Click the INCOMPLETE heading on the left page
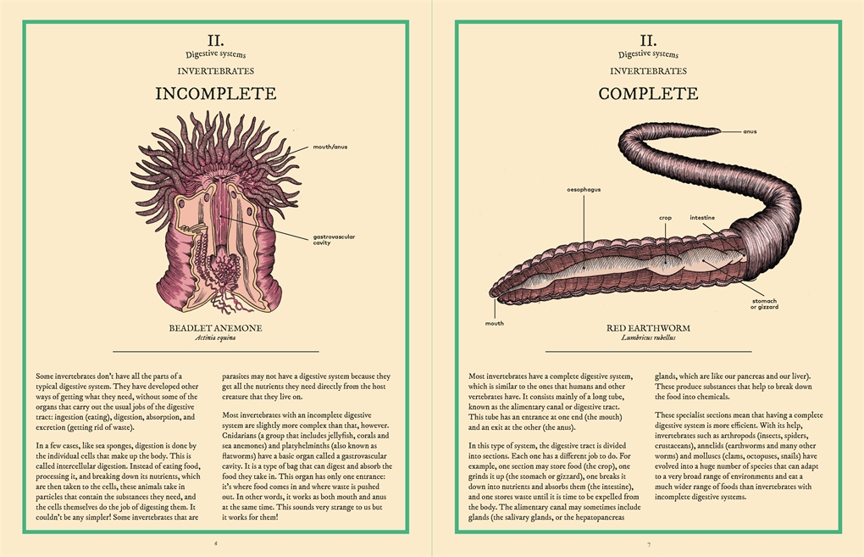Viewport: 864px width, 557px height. point(215,93)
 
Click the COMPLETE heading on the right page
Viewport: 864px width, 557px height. point(648,93)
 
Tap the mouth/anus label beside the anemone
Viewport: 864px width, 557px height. point(330,148)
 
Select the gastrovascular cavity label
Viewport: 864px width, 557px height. point(334,239)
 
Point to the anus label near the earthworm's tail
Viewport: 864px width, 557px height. point(750,131)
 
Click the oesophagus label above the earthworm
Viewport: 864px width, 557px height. point(584,190)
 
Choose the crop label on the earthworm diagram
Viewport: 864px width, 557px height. point(665,218)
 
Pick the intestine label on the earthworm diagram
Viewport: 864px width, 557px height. point(702,218)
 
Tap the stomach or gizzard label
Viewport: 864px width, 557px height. point(764,304)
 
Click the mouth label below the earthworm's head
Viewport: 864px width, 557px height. point(495,324)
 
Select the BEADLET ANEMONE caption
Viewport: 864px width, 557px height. point(215,328)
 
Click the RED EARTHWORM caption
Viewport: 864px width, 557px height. point(648,328)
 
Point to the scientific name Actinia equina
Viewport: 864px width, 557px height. point(215,337)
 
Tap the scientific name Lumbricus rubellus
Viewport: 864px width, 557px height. point(648,337)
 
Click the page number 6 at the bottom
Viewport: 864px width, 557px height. point(216,543)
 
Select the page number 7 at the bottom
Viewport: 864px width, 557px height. point(649,544)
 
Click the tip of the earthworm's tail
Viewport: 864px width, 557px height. point(721,131)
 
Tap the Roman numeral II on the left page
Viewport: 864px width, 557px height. point(215,41)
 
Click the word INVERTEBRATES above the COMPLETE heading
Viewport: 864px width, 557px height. point(648,71)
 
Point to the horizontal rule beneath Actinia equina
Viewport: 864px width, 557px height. point(215,351)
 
